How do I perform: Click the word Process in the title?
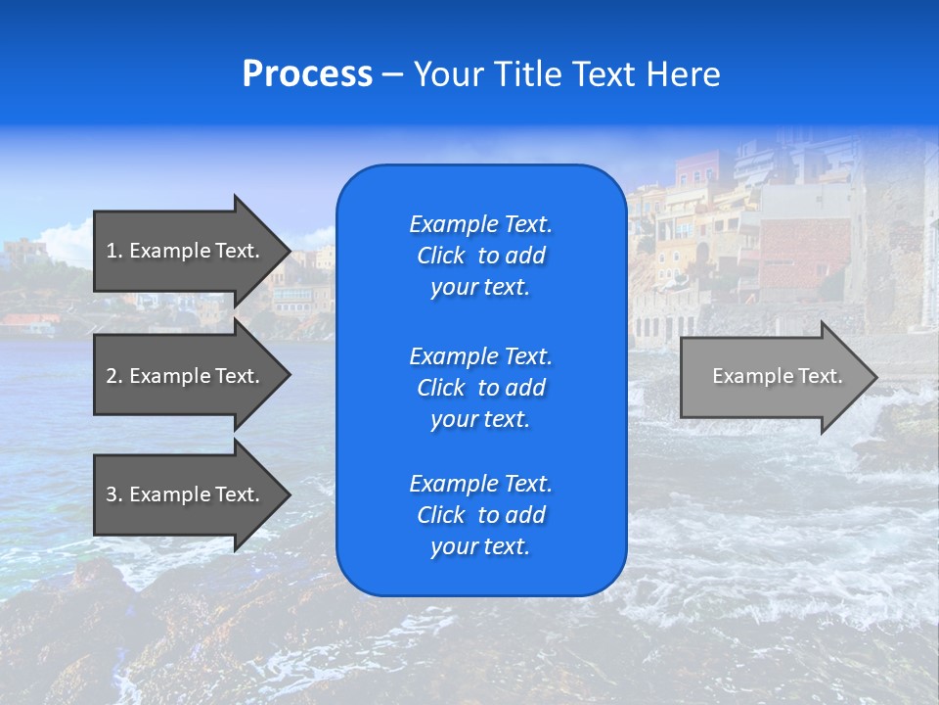pos(307,74)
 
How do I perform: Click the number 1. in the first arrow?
pos(113,251)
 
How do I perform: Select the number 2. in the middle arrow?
pos(113,376)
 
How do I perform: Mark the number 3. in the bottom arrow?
pos(113,494)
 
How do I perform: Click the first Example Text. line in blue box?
pos(480,224)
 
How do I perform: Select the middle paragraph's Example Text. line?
pos(480,355)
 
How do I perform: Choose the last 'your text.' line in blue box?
pos(480,547)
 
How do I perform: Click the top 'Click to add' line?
pos(480,256)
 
